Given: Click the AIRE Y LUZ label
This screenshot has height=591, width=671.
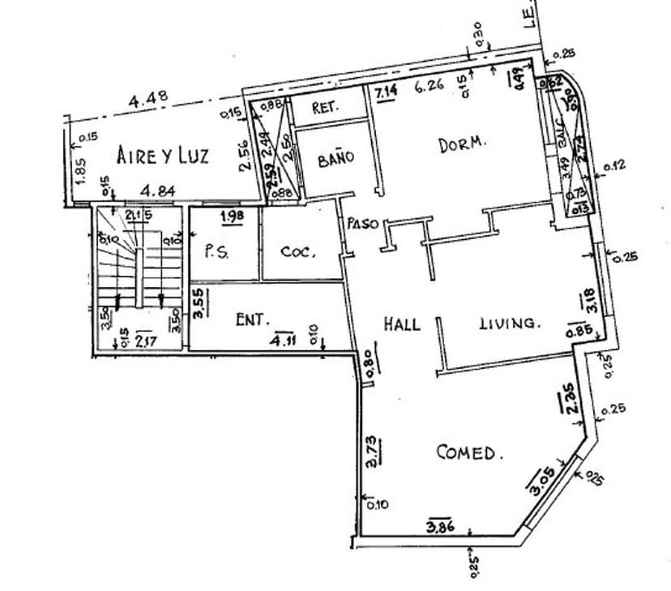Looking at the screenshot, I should tap(162, 155).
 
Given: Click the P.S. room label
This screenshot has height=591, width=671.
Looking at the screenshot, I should tap(216, 251).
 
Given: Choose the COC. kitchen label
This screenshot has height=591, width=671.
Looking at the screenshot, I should tap(297, 251).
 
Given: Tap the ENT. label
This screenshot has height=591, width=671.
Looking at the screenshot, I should tap(252, 320).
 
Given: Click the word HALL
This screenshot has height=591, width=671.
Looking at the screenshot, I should tap(402, 324).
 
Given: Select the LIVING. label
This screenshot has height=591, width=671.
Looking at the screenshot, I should tap(508, 323).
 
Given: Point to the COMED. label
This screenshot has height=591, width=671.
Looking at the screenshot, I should tap(469, 452).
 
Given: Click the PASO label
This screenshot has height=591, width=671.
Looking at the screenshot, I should tap(361, 223).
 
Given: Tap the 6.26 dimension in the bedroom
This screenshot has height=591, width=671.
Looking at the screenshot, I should tap(429, 86).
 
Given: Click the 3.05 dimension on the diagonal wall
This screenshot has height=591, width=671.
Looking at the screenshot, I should tap(542, 482).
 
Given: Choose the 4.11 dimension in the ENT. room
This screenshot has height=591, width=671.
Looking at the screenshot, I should tap(284, 338).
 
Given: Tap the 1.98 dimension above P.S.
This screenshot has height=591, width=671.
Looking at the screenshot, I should tap(233, 216).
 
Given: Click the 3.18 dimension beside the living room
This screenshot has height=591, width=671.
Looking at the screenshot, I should tap(588, 301).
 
